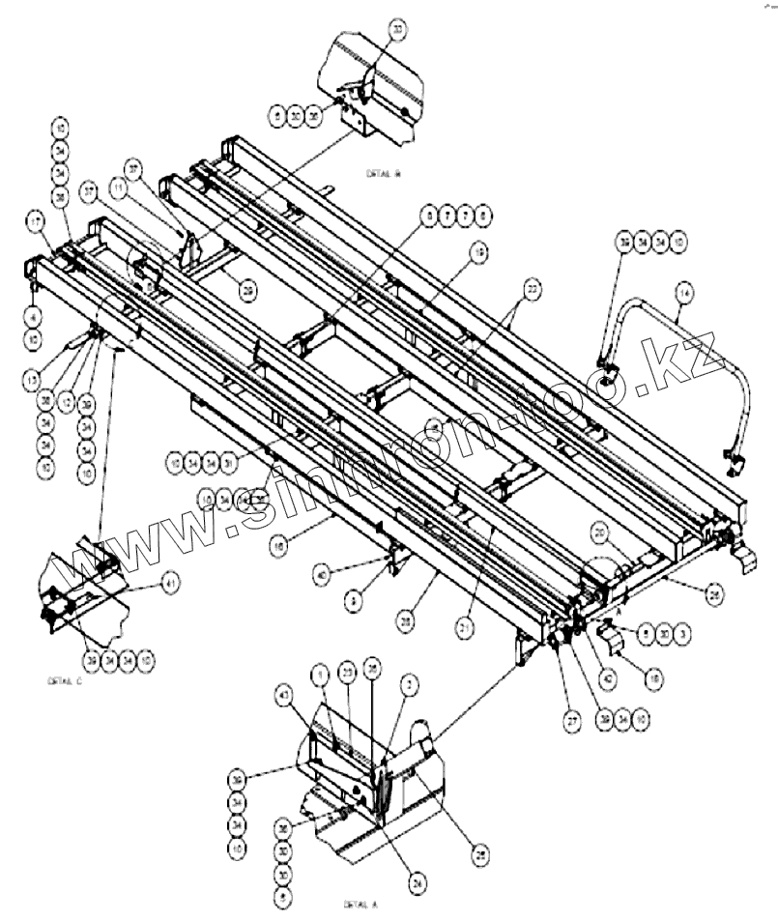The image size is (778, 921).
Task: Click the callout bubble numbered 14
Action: [684, 288]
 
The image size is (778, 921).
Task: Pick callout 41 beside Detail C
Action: [170, 582]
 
